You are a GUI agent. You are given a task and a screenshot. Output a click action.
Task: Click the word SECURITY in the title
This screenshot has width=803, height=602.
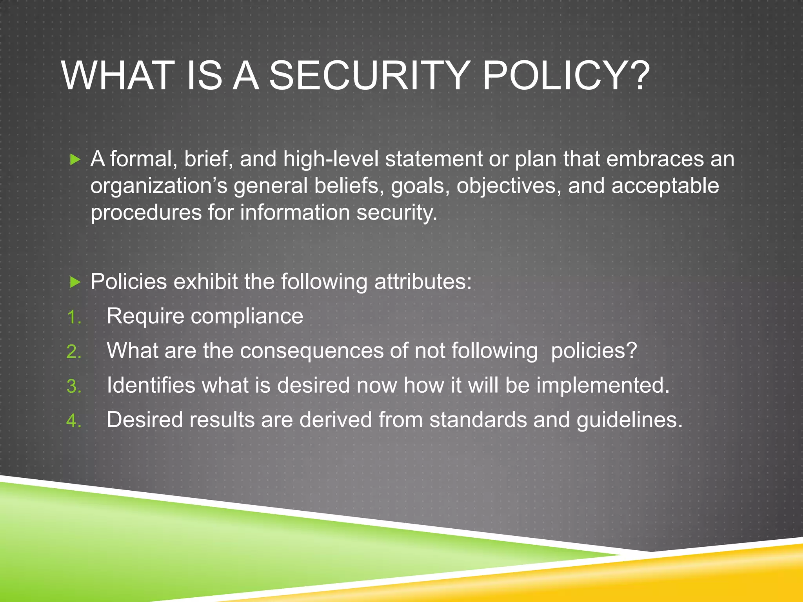click(x=370, y=75)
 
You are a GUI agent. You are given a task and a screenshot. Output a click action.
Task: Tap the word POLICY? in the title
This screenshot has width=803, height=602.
click(x=566, y=75)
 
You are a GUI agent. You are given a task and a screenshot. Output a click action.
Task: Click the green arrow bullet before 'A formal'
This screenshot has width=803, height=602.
click(x=74, y=160)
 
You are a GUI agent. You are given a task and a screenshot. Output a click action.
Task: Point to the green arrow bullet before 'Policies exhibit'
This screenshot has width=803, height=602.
click(x=74, y=282)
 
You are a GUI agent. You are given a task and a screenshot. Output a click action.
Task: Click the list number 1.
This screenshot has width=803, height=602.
click(x=73, y=317)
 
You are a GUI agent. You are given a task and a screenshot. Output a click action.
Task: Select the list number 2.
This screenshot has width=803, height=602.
click(x=73, y=352)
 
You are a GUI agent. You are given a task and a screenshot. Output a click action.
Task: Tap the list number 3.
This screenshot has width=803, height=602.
click(x=73, y=386)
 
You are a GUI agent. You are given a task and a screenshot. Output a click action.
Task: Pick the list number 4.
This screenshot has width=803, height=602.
click(x=73, y=421)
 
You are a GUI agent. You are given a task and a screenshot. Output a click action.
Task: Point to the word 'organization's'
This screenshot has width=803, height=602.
click(x=159, y=186)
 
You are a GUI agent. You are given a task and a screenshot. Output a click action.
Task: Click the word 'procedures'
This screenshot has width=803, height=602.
click(x=146, y=212)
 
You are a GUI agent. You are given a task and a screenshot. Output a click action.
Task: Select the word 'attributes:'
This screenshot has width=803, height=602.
click(x=423, y=281)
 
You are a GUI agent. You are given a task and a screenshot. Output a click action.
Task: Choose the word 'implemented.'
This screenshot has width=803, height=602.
click(x=603, y=385)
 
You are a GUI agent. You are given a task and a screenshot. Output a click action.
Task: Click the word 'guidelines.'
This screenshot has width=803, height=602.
click(x=629, y=420)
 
